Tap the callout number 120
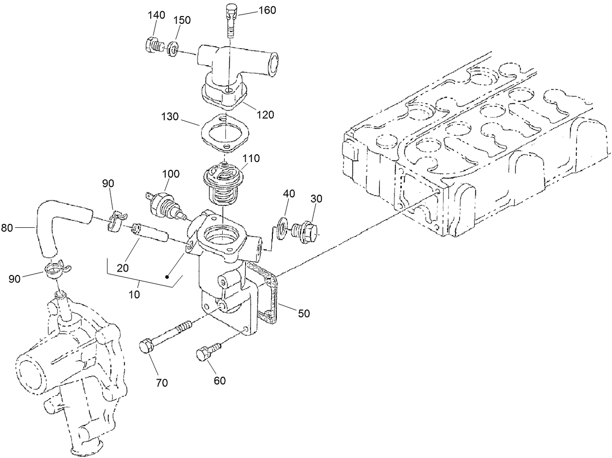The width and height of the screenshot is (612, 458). pos(265,115)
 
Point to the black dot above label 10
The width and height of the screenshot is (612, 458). pos(167,277)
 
